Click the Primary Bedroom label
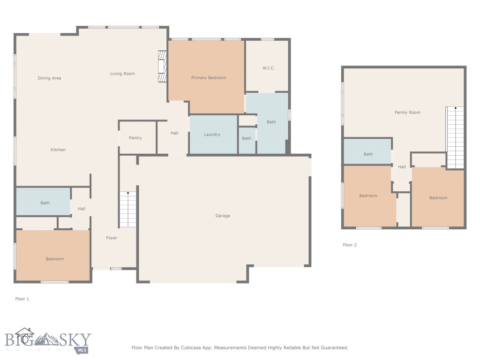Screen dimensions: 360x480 click(x=209, y=78)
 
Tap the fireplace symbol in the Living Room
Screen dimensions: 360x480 click(x=162, y=67)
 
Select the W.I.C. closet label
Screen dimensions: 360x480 click(x=268, y=68)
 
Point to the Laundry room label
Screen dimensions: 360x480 click(x=212, y=135)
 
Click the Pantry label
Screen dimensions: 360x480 click(x=135, y=138)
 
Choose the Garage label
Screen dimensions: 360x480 click(x=223, y=216)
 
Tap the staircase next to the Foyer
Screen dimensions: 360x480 click(x=127, y=209)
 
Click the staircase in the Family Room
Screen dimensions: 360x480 click(x=455, y=137)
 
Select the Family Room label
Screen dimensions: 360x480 click(x=407, y=112)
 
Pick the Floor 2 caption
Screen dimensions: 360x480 click(x=350, y=245)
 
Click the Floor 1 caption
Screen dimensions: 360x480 click(x=22, y=299)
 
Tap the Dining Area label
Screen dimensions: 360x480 click(x=50, y=78)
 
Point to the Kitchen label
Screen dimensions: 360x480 click(x=58, y=150)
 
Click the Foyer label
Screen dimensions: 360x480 click(x=112, y=238)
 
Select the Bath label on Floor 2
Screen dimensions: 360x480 click(x=368, y=154)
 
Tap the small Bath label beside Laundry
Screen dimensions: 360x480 click(x=247, y=138)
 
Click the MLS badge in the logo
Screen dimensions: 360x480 click(x=82, y=350)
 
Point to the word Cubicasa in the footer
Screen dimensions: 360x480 click(x=194, y=348)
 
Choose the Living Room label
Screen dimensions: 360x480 click(x=123, y=74)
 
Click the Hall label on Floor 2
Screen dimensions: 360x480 click(x=402, y=167)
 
